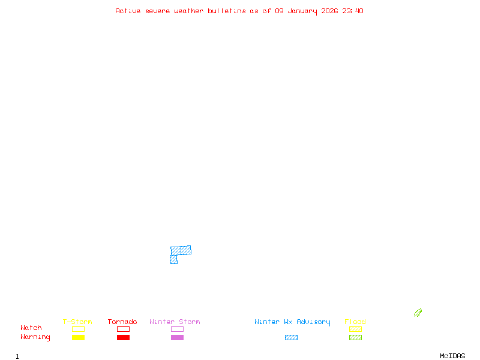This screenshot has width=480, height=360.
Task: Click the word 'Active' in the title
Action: click(x=128, y=11)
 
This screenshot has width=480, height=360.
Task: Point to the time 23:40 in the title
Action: click(x=353, y=11)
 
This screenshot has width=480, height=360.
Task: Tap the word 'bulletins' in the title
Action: click(x=226, y=11)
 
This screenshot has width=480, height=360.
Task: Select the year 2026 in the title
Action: click(x=329, y=11)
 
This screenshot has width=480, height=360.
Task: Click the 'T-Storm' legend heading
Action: click(x=77, y=322)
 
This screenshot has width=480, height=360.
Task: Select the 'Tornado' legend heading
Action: click(x=122, y=322)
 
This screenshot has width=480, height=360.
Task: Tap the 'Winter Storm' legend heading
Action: click(x=175, y=322)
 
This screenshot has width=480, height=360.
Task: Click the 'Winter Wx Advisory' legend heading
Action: click(x=292, y=322)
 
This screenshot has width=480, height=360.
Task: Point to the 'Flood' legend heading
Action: click(x=355, y=322)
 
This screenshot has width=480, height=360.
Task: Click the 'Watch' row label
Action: click(x=31, y=328)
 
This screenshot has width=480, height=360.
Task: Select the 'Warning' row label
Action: click(x=35, y=337)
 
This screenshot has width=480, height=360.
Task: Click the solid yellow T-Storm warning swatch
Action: click(x=78, y=337)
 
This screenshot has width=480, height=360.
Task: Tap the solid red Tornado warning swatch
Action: click(x=123, y=337)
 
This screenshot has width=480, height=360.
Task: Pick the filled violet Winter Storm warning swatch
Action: click(x=177, y=337)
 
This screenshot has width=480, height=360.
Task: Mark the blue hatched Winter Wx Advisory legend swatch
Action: click(x=291, y=337)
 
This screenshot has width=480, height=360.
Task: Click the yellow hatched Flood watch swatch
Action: click(x=355, y=329)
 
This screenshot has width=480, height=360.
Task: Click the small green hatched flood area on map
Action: click(x=418, y=313)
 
